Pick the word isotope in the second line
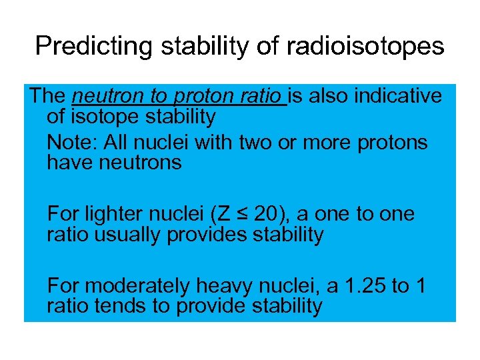(103, 117)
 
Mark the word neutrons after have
(141, 163)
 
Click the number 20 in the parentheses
(266, 214)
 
